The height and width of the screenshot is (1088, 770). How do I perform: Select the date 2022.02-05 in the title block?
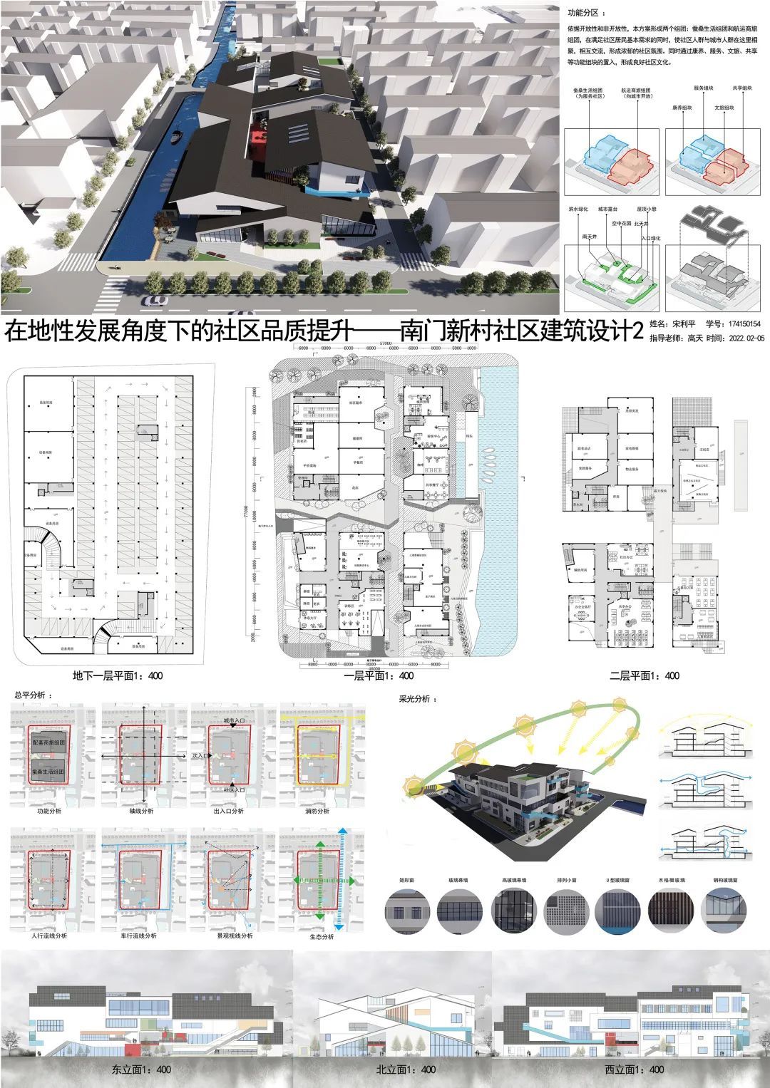click(741, 339)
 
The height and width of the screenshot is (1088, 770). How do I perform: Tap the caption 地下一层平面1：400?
click(118, 675)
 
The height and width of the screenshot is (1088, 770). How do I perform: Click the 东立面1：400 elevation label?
click(141, 1069)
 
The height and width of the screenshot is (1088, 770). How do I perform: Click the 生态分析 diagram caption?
click(322, 937)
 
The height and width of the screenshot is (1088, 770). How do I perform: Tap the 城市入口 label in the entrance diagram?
click(235, 722)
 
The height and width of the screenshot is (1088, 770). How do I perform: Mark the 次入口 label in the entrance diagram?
click(200, 754)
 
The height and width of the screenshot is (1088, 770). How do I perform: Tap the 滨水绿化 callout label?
click(577, 210)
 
